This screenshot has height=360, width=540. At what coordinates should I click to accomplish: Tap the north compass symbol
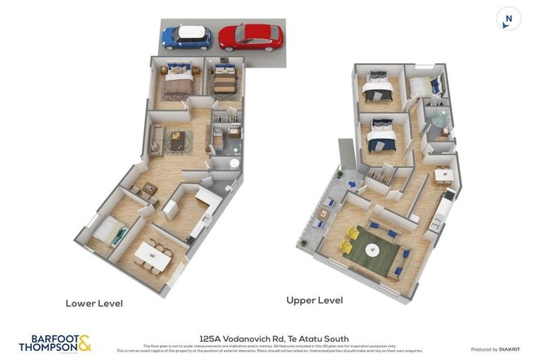click(508, 19)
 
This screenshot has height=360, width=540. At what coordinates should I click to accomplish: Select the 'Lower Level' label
click(94, 304)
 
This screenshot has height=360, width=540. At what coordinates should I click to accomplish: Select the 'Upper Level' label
click(314, 300)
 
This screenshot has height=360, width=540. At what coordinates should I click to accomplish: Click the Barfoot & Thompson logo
click(55, 344)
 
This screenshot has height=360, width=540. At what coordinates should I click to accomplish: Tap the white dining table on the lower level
click(153, 255)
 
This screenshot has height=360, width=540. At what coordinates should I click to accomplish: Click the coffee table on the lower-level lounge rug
click(177, 141)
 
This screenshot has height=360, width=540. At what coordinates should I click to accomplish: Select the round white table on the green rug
click(371, 249)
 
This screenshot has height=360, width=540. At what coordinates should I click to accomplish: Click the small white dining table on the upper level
click(443, 174)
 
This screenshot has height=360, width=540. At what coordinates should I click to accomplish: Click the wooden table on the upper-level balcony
click(323, 213)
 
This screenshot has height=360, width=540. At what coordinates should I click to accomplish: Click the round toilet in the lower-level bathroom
click(234, 163)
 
